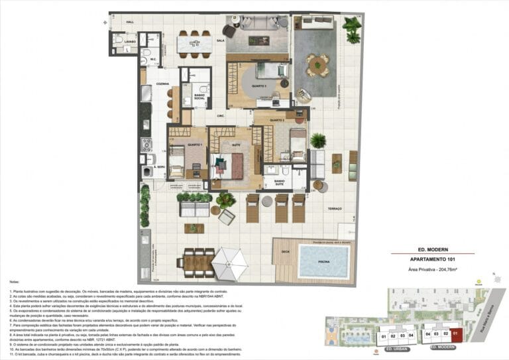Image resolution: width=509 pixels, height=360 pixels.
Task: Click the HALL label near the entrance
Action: pos(130,23)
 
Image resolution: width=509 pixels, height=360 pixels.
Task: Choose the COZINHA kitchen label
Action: pos(163,84)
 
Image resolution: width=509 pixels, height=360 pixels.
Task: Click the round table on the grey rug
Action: pos(317,64)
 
